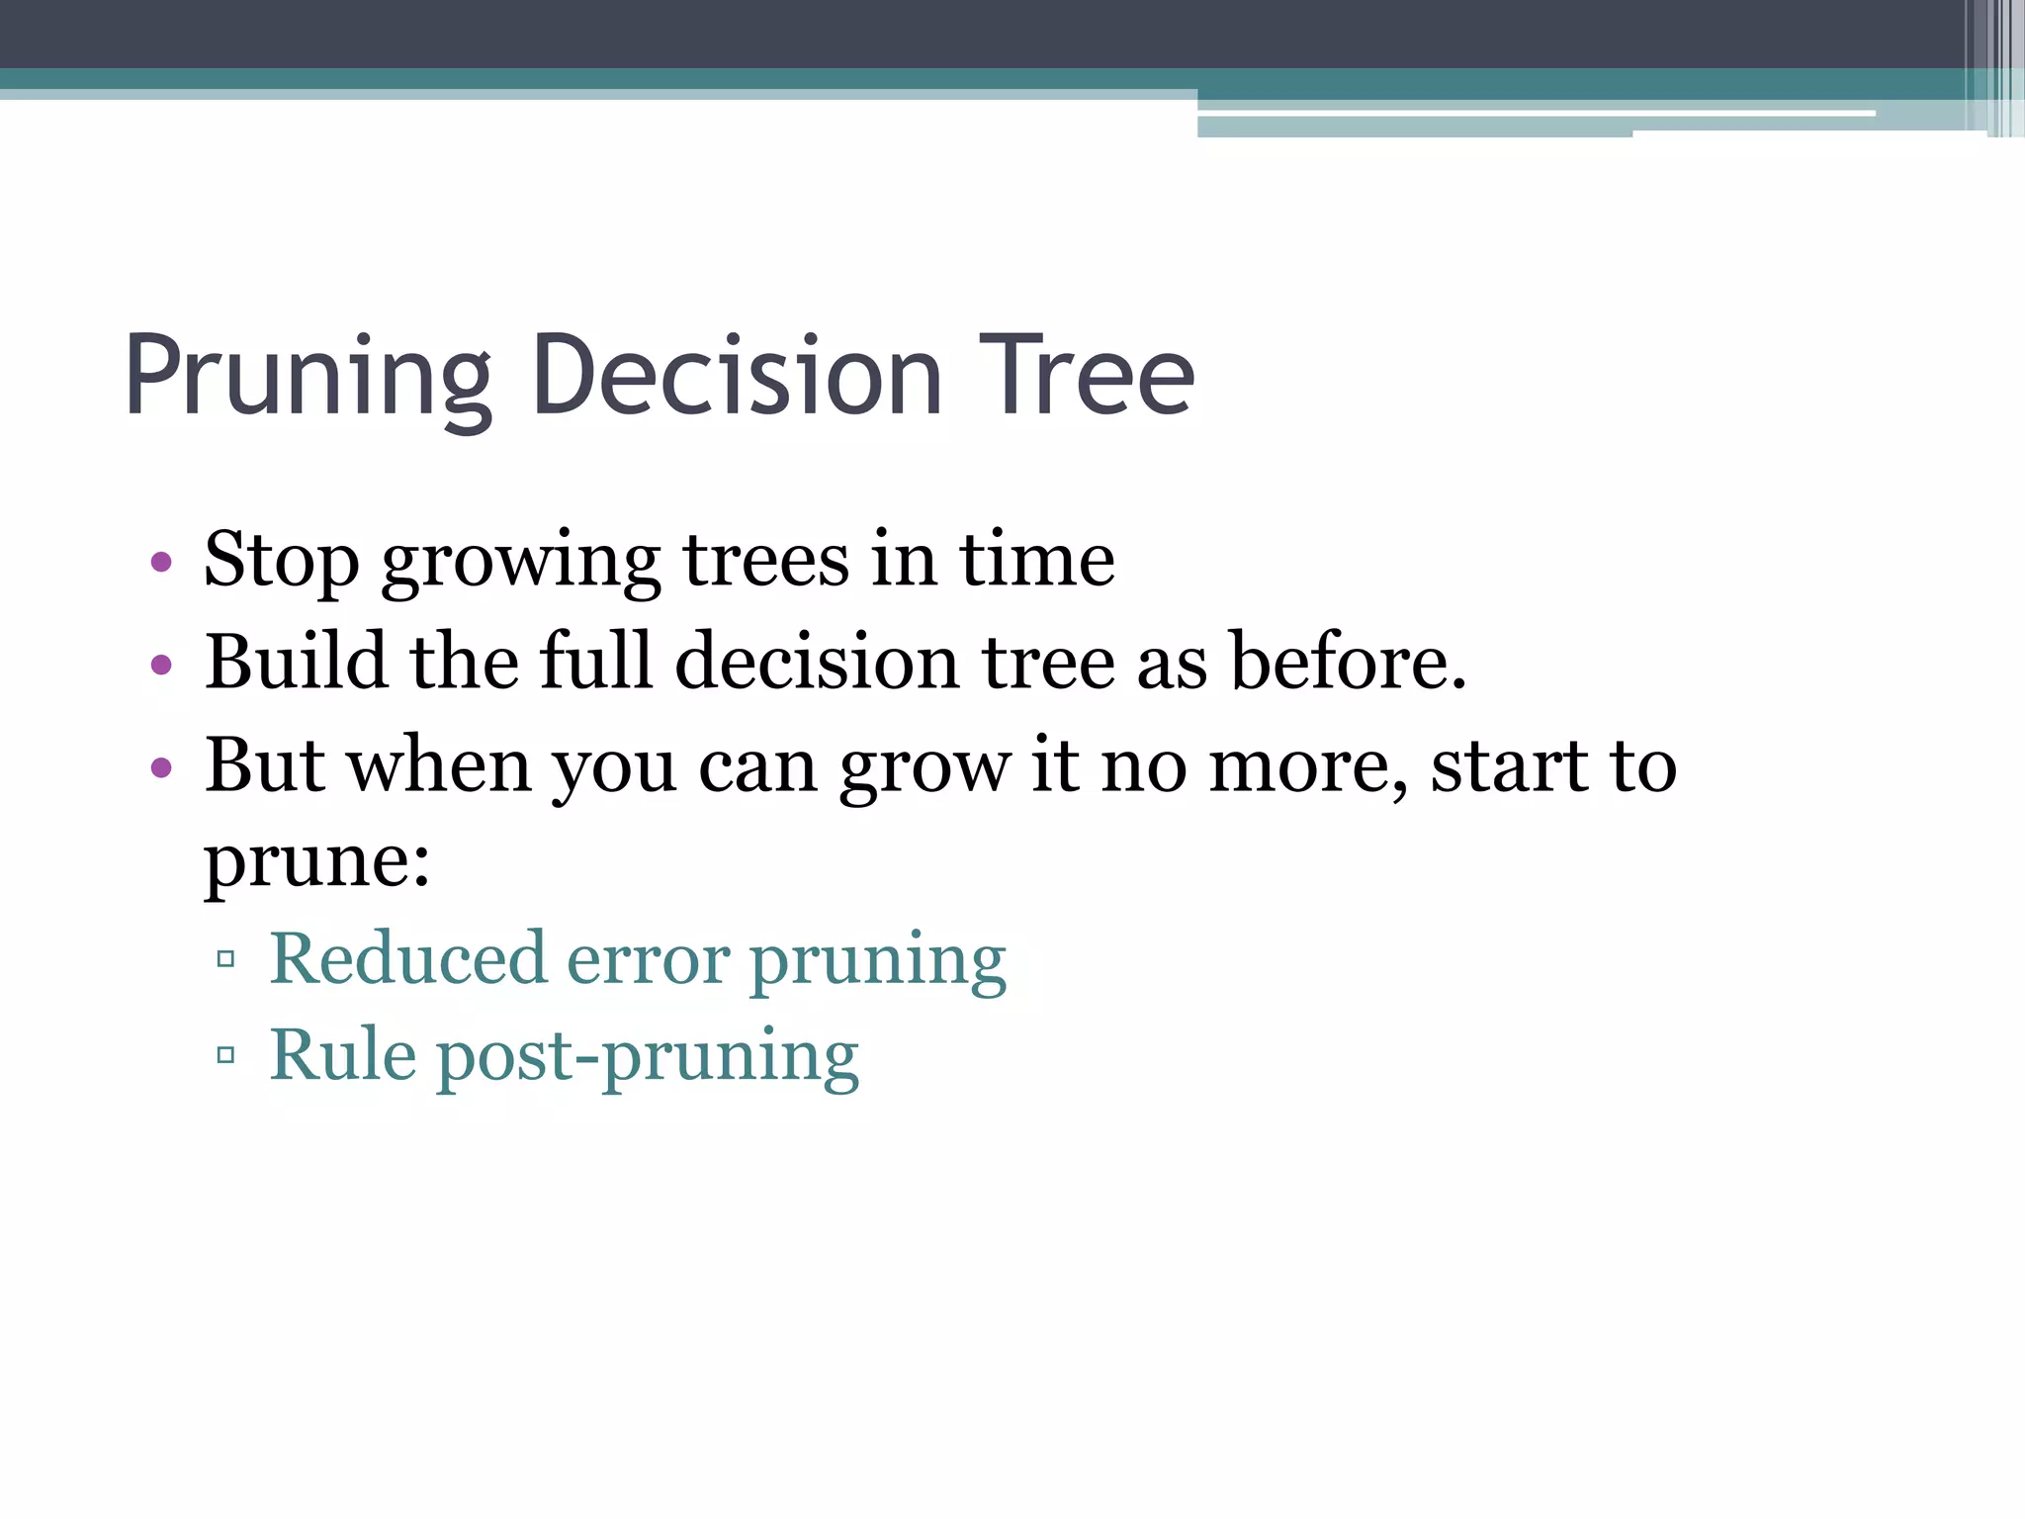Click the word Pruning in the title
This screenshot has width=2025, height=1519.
point(308,379)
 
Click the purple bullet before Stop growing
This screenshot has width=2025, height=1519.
point(161,564)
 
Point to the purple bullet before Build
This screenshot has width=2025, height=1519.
point(161,665)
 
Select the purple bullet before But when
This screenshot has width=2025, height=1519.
point(161,767)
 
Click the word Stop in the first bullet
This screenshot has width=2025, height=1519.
point(281,562)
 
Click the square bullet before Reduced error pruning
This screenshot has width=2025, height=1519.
point(225,958)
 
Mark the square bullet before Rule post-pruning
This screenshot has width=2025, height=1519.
point(225,1055)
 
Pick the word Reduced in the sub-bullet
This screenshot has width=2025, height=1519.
point(408,957)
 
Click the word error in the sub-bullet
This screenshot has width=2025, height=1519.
point(648,959)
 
